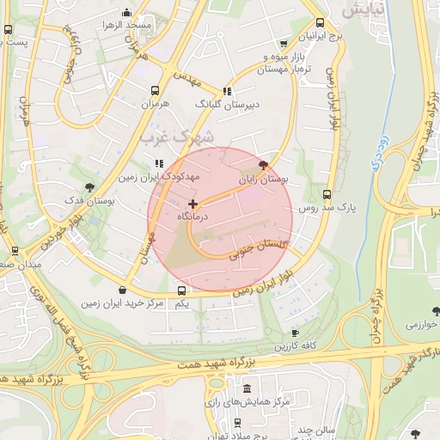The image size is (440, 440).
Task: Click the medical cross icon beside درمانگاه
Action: click(192, 205)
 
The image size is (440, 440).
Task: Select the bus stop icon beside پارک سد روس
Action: click(327, 194)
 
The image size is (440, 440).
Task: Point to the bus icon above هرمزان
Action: click(156, 89)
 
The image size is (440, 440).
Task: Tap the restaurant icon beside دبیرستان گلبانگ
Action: click(227, 90)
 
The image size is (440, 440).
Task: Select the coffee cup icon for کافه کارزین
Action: click(296, 333)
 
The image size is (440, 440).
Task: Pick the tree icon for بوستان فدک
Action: click(89, 186)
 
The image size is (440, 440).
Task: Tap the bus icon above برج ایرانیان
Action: click(321, 23)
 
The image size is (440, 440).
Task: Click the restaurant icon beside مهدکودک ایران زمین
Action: click(158, 162)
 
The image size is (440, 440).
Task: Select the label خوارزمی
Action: click(422, 325)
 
